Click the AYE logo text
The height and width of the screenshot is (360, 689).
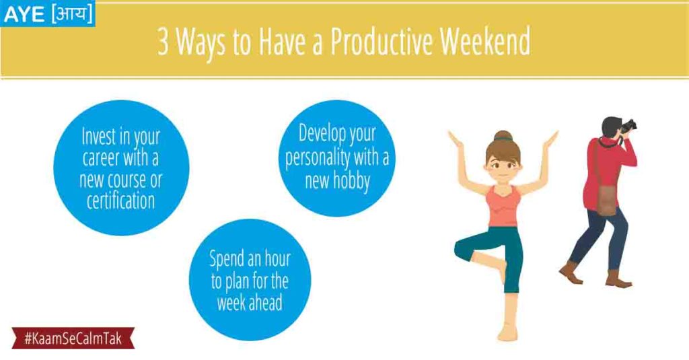coord(24,15)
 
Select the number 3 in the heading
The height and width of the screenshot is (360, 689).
coord(163,42)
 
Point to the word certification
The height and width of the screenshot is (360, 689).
coord(121,201)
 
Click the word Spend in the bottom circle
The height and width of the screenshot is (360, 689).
coord(227,259)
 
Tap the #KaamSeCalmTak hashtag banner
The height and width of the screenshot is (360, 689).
coord(73,338)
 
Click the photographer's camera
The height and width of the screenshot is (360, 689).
coord(629,126)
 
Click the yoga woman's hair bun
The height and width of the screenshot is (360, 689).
coord(503,136)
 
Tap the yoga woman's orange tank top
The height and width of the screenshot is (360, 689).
coord(503,207)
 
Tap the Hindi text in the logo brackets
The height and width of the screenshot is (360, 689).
coord(72,13)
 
